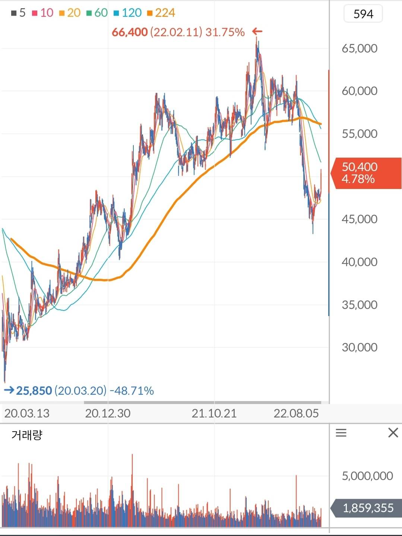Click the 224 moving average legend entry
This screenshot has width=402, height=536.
pos(161,13)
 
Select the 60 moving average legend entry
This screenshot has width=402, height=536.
pos(97,13)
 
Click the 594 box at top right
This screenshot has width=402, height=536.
pos(363,14)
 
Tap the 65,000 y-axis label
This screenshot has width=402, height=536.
pos(360,48)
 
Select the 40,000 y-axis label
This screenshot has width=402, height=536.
pos(360,262)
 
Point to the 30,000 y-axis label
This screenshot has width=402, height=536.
pos(360,347)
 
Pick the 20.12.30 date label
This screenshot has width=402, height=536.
pos(108,413)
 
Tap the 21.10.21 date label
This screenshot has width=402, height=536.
pos(214,413)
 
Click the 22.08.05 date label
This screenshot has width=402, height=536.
pos(296,413)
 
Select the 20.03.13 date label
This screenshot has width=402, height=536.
pos(27,413)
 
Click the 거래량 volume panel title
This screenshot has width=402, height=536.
pos(27,435)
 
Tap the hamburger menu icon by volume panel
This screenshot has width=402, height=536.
pos(341,433)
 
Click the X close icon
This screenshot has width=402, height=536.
pos(393,433)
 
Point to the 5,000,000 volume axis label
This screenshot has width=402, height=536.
pos(367,476)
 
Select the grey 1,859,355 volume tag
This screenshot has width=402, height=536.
pos(367,508)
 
